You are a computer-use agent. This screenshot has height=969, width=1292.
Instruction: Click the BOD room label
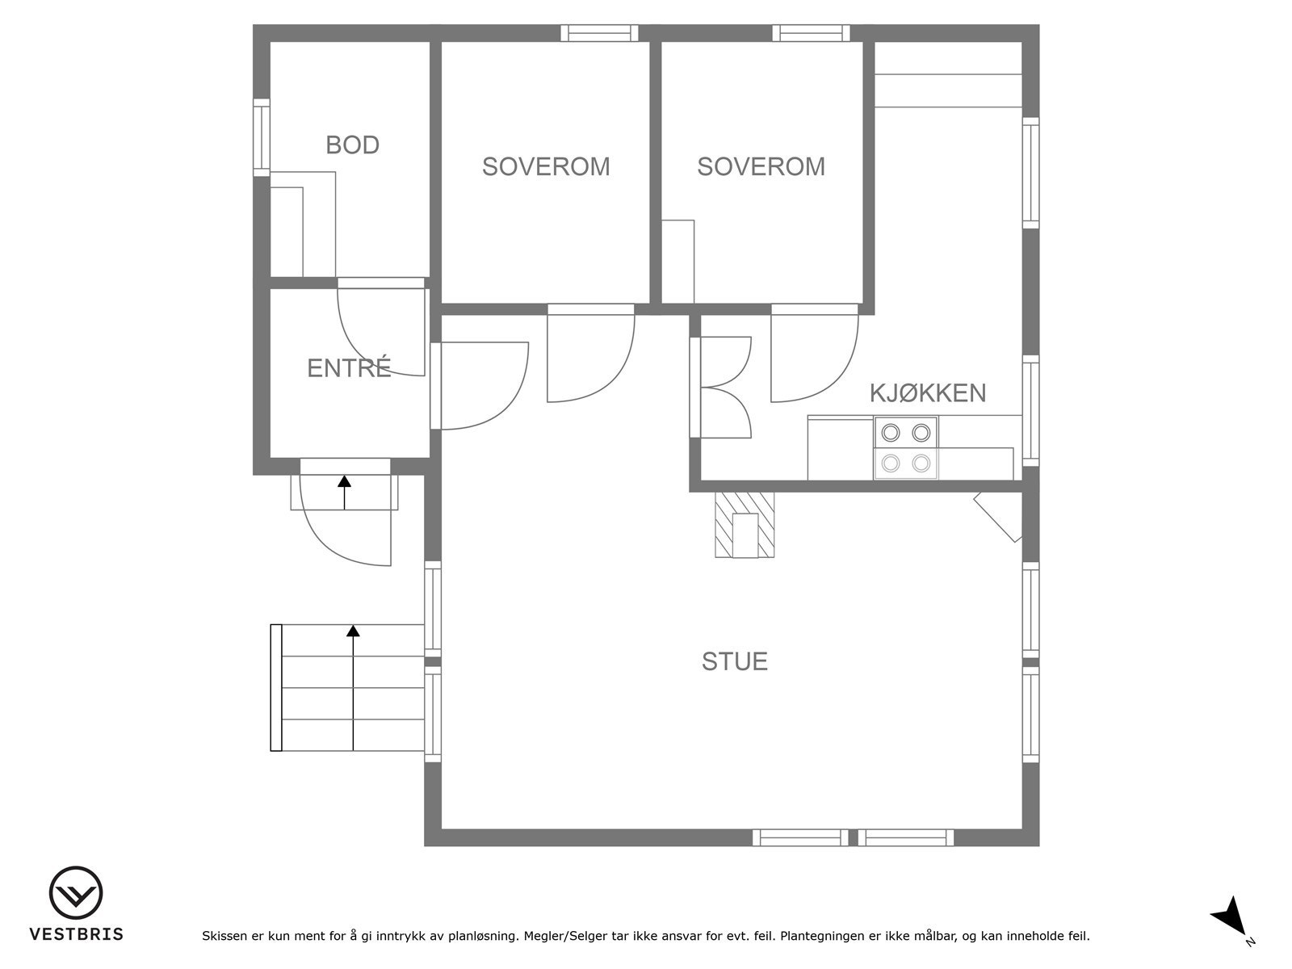(x=352, y=145)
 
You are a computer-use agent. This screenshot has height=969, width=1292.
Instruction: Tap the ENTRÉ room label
(x=349, y=367)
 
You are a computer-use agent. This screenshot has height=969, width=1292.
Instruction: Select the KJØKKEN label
(x=928, y=393)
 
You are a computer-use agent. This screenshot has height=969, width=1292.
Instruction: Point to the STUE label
(x=735, y=661)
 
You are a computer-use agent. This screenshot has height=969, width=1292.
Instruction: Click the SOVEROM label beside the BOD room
(x=546, y=166)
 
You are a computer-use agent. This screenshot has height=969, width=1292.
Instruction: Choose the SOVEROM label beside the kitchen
(x=761, y=166)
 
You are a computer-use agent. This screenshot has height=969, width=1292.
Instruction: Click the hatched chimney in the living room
(x=745, y=525)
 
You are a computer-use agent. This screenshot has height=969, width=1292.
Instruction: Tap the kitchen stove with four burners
(x=906, y=447)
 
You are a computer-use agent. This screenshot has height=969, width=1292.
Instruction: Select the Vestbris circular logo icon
(x=76, y=893)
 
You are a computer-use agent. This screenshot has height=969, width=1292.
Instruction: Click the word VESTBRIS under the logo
(x=77, y=934)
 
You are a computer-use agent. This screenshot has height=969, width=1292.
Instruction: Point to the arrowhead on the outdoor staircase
(x=353, y=631)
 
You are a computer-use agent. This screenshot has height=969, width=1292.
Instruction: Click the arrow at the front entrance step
(x=344, y=493)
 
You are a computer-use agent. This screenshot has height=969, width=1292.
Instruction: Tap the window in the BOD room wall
(x=262, y=137)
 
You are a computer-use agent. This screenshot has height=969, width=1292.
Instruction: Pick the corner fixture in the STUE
(x=998, y=517)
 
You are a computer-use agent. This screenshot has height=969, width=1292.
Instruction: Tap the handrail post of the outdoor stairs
(x=276, y=688)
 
